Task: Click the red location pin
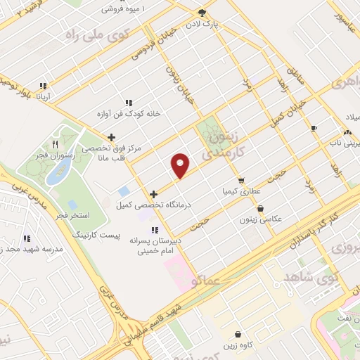(181, 165)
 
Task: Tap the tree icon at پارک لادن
(202, 13)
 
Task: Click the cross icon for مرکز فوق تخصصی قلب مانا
(110, 138)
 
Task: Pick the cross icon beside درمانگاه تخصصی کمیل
(153, 193)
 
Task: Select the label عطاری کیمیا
(241, 191)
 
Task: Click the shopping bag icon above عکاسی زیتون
(261, 209)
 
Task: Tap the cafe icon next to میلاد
(314, 128)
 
